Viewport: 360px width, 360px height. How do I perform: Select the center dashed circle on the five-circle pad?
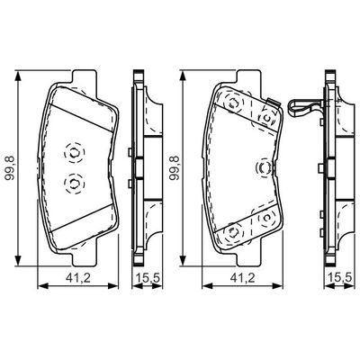pos(264,168)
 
